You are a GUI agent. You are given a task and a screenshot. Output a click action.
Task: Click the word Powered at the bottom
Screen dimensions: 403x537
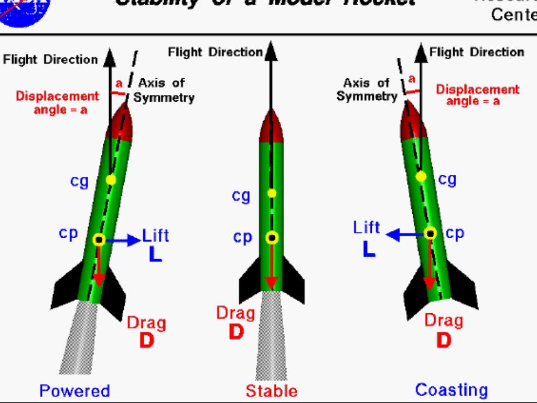tap(74, 391)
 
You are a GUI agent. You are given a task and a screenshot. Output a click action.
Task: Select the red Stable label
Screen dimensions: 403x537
tap(271, 391)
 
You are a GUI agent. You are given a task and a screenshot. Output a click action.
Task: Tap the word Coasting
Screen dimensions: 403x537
tap(451, 390)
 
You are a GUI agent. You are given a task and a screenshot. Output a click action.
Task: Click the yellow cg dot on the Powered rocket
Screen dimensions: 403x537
tap(110, 180)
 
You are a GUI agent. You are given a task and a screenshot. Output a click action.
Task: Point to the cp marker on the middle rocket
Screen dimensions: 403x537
tap(272, 238)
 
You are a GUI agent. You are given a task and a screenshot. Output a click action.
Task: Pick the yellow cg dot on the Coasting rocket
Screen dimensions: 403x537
tap(421, 177)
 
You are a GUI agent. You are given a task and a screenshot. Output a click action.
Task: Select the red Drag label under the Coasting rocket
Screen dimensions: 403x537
tap(444, 320)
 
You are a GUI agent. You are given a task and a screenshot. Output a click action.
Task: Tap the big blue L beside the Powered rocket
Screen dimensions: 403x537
tap(155, 254)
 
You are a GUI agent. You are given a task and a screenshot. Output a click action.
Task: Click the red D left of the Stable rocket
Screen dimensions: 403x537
tap(237, 332)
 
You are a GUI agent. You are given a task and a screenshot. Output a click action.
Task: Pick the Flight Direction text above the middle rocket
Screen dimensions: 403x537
tap(215, 52)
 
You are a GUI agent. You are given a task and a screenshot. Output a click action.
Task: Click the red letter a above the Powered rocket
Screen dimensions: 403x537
tap(119, 83)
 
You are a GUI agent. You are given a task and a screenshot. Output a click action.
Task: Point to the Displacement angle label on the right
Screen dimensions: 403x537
tap(477, 94)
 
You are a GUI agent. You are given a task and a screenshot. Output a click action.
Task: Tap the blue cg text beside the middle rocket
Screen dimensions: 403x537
tap(241, 196)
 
